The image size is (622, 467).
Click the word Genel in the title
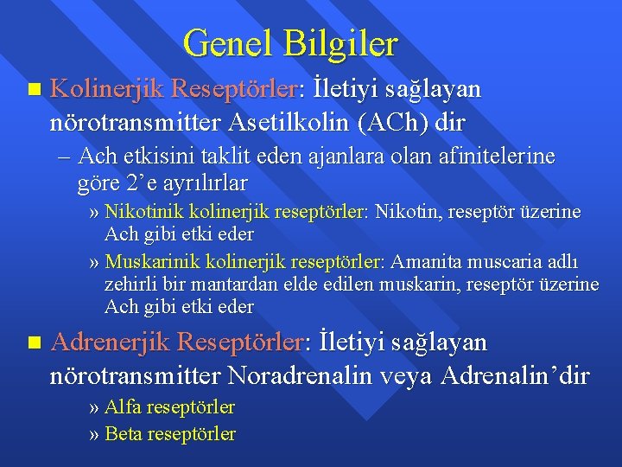(x=225, y=42)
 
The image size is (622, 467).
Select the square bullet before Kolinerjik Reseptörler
(x=33, y=89)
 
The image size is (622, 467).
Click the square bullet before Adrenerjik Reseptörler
(x=33, y=343)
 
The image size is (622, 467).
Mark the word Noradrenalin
(x=333, y=376)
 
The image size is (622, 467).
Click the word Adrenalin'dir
(x=516, y=376)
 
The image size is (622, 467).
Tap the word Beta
(x=124, y=433)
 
